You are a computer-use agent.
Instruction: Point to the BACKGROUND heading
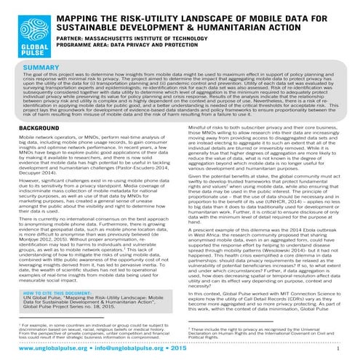click(34, 127)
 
